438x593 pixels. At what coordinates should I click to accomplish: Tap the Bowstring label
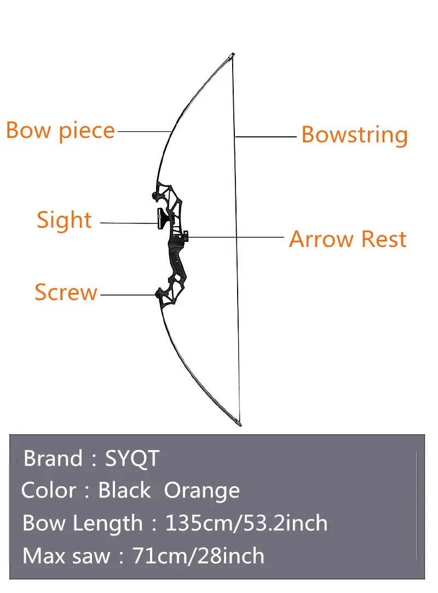coord(354,135)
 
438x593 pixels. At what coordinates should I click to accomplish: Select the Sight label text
coord(64,220)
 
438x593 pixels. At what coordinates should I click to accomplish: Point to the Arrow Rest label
coord(348,239)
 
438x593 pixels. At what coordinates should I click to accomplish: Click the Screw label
coord(66,292)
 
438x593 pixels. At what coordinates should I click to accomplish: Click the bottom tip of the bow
coord(239,423)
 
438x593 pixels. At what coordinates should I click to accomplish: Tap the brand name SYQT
coord(132,458)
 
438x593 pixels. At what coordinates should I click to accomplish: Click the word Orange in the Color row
coord(201,491)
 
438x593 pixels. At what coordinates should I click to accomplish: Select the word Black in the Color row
coord(124,491)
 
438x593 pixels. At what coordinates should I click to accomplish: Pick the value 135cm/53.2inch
coord(246,523)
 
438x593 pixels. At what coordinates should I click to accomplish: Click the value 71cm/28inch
coord(199,556)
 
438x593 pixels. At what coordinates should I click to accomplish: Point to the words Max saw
coord(66,556)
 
